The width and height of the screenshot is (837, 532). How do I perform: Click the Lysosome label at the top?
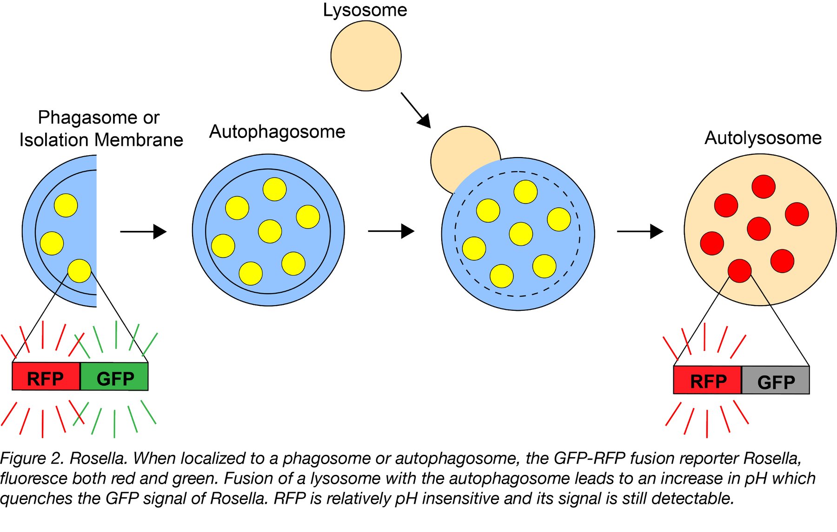click(365, 10)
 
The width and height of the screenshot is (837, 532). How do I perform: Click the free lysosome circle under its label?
click(366, 56)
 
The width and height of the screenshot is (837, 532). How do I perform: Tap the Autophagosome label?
click(277, 132)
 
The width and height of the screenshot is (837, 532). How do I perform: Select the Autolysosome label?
click(763, 138)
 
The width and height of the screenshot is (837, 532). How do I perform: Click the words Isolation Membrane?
click(101, 140)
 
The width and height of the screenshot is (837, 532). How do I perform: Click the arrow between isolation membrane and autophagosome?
click(143, 231)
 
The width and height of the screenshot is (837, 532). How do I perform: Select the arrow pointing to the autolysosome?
click(640, 231)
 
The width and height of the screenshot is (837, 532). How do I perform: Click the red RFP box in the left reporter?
click(46, 377)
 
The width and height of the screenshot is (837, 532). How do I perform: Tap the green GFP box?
click(114, 377)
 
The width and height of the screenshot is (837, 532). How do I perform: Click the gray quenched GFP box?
click(775, 381)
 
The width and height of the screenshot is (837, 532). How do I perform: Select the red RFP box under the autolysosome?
click(707, 380)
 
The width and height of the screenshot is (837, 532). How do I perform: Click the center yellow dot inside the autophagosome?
click(270, 231)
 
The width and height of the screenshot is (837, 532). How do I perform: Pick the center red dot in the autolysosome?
click(759, 229)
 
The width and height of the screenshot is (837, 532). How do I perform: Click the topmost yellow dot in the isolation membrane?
click(66, 205)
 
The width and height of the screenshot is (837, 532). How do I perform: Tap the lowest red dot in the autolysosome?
click(739, 271)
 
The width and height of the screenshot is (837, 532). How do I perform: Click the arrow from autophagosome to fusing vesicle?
click(391, 231)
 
